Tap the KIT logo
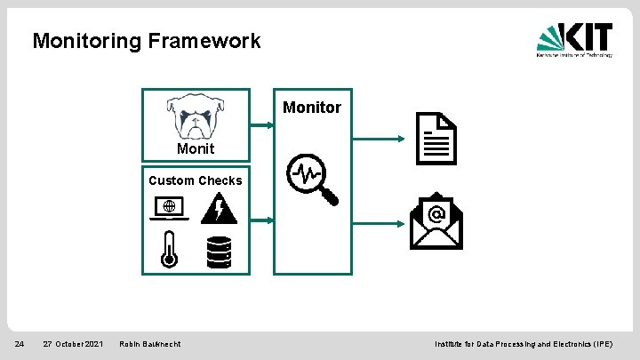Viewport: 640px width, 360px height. pyautogui.click(x=574, y=40)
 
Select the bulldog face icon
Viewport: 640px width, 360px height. pyautogui.click(x=195, y=116)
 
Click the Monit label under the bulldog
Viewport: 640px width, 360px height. pyautogui.click(x=195, y=148)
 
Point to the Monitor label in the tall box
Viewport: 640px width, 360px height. pyautogui.click(x=311, y=108)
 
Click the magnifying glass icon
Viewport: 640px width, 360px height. pyautogui.click(x=312, y=180)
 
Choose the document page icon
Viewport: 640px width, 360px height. pyautogui.click(x=436, y=138)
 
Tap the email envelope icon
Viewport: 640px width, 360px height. pyautogui.click(x=436, y=221)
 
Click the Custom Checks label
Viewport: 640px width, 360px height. pyautogui.click(x=195, y=180)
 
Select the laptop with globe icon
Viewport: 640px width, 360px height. pyautogui.click(x=171, y=208)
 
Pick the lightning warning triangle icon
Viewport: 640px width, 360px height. pyautogui.click(x=219, y=208)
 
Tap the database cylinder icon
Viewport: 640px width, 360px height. pyautogui.click(x=219, y=252)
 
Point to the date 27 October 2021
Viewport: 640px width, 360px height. pyautogui.click(x=73, y=344)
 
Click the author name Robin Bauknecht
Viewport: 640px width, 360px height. pyautogui.click(x=149, y=344)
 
